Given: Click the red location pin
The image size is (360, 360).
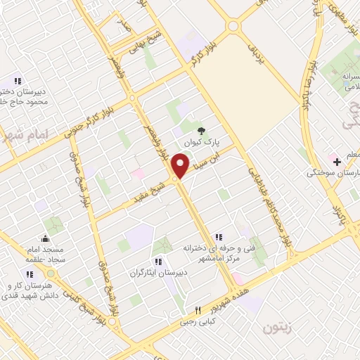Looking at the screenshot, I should click(181, 166).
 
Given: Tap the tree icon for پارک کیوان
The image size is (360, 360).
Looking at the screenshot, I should click(202, 130).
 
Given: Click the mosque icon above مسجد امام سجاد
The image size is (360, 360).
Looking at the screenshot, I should click(46, 238).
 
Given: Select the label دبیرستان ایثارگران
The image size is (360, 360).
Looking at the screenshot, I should click(157, 271).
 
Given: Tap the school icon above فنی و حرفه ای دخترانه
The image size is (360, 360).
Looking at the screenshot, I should click(219, 237).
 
